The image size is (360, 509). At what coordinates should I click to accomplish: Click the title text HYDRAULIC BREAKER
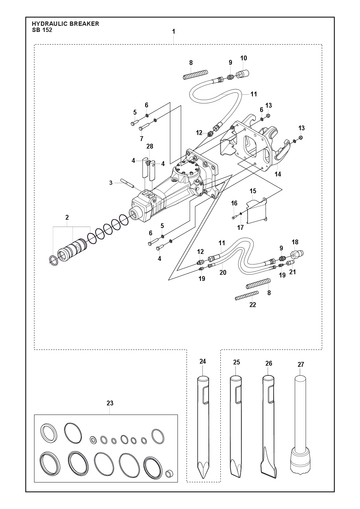coord(65,24)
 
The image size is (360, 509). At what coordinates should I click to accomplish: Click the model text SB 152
coord(42,30)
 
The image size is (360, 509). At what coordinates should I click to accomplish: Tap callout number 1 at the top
coord(174,32)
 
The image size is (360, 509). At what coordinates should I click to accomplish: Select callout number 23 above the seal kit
coord(110,403)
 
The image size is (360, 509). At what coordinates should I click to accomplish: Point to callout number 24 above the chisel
coord(203,361)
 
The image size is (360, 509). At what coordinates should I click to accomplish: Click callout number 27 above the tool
coord(301,364)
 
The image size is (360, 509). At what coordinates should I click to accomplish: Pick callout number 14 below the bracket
coord(278,174)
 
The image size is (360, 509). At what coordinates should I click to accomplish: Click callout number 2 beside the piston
coord(67,217)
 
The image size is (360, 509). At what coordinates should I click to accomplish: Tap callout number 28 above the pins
coord(149,146)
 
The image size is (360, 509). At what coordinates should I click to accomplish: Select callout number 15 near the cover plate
coord(253,191)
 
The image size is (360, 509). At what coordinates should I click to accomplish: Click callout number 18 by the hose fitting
coord(295,242)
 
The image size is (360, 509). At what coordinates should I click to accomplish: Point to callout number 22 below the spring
coord(253,305)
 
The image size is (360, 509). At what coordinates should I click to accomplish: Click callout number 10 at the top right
coord(244,58)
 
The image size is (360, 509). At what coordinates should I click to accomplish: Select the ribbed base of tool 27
coord(300,461)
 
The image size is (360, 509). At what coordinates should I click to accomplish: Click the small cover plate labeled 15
coord(257,211)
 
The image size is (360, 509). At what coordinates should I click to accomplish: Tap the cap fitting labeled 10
coord(244,73)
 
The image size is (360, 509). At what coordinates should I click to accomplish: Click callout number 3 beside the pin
coord(111,182)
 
